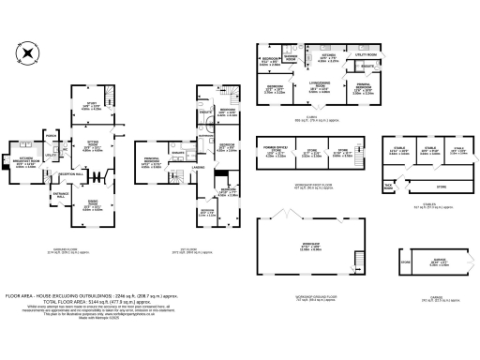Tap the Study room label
click(x=91, y=104)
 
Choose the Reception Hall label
click(x=72, y=174)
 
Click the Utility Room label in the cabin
click(x=365, y=55)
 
